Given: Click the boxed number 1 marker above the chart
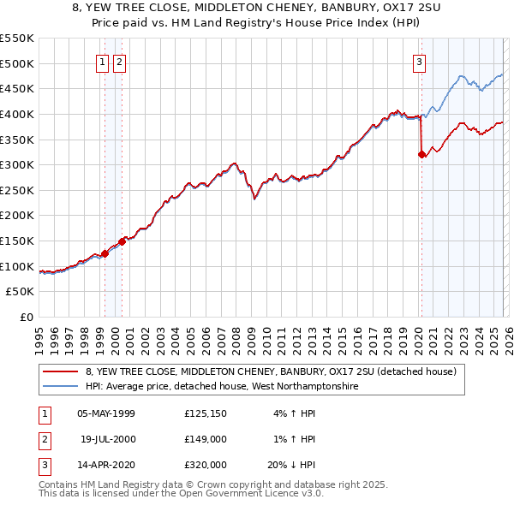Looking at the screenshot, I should coord(102,62).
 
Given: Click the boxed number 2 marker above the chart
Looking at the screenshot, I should coord(119,62).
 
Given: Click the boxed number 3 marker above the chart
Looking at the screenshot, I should coord(419,62).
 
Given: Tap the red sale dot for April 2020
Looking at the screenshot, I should coord(421,155).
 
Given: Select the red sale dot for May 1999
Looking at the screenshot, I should coord(105,253).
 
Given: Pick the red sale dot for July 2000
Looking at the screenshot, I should coord(123,241).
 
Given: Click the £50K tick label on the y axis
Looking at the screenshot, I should coord(21,292).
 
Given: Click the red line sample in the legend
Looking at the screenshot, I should coord(61,371).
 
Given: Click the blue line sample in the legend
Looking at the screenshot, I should coord(61,386).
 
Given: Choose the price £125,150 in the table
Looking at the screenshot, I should coord(206,413).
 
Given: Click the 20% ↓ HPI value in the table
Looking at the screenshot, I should coord(291,465).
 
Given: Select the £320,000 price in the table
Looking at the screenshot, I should coord(206,465).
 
